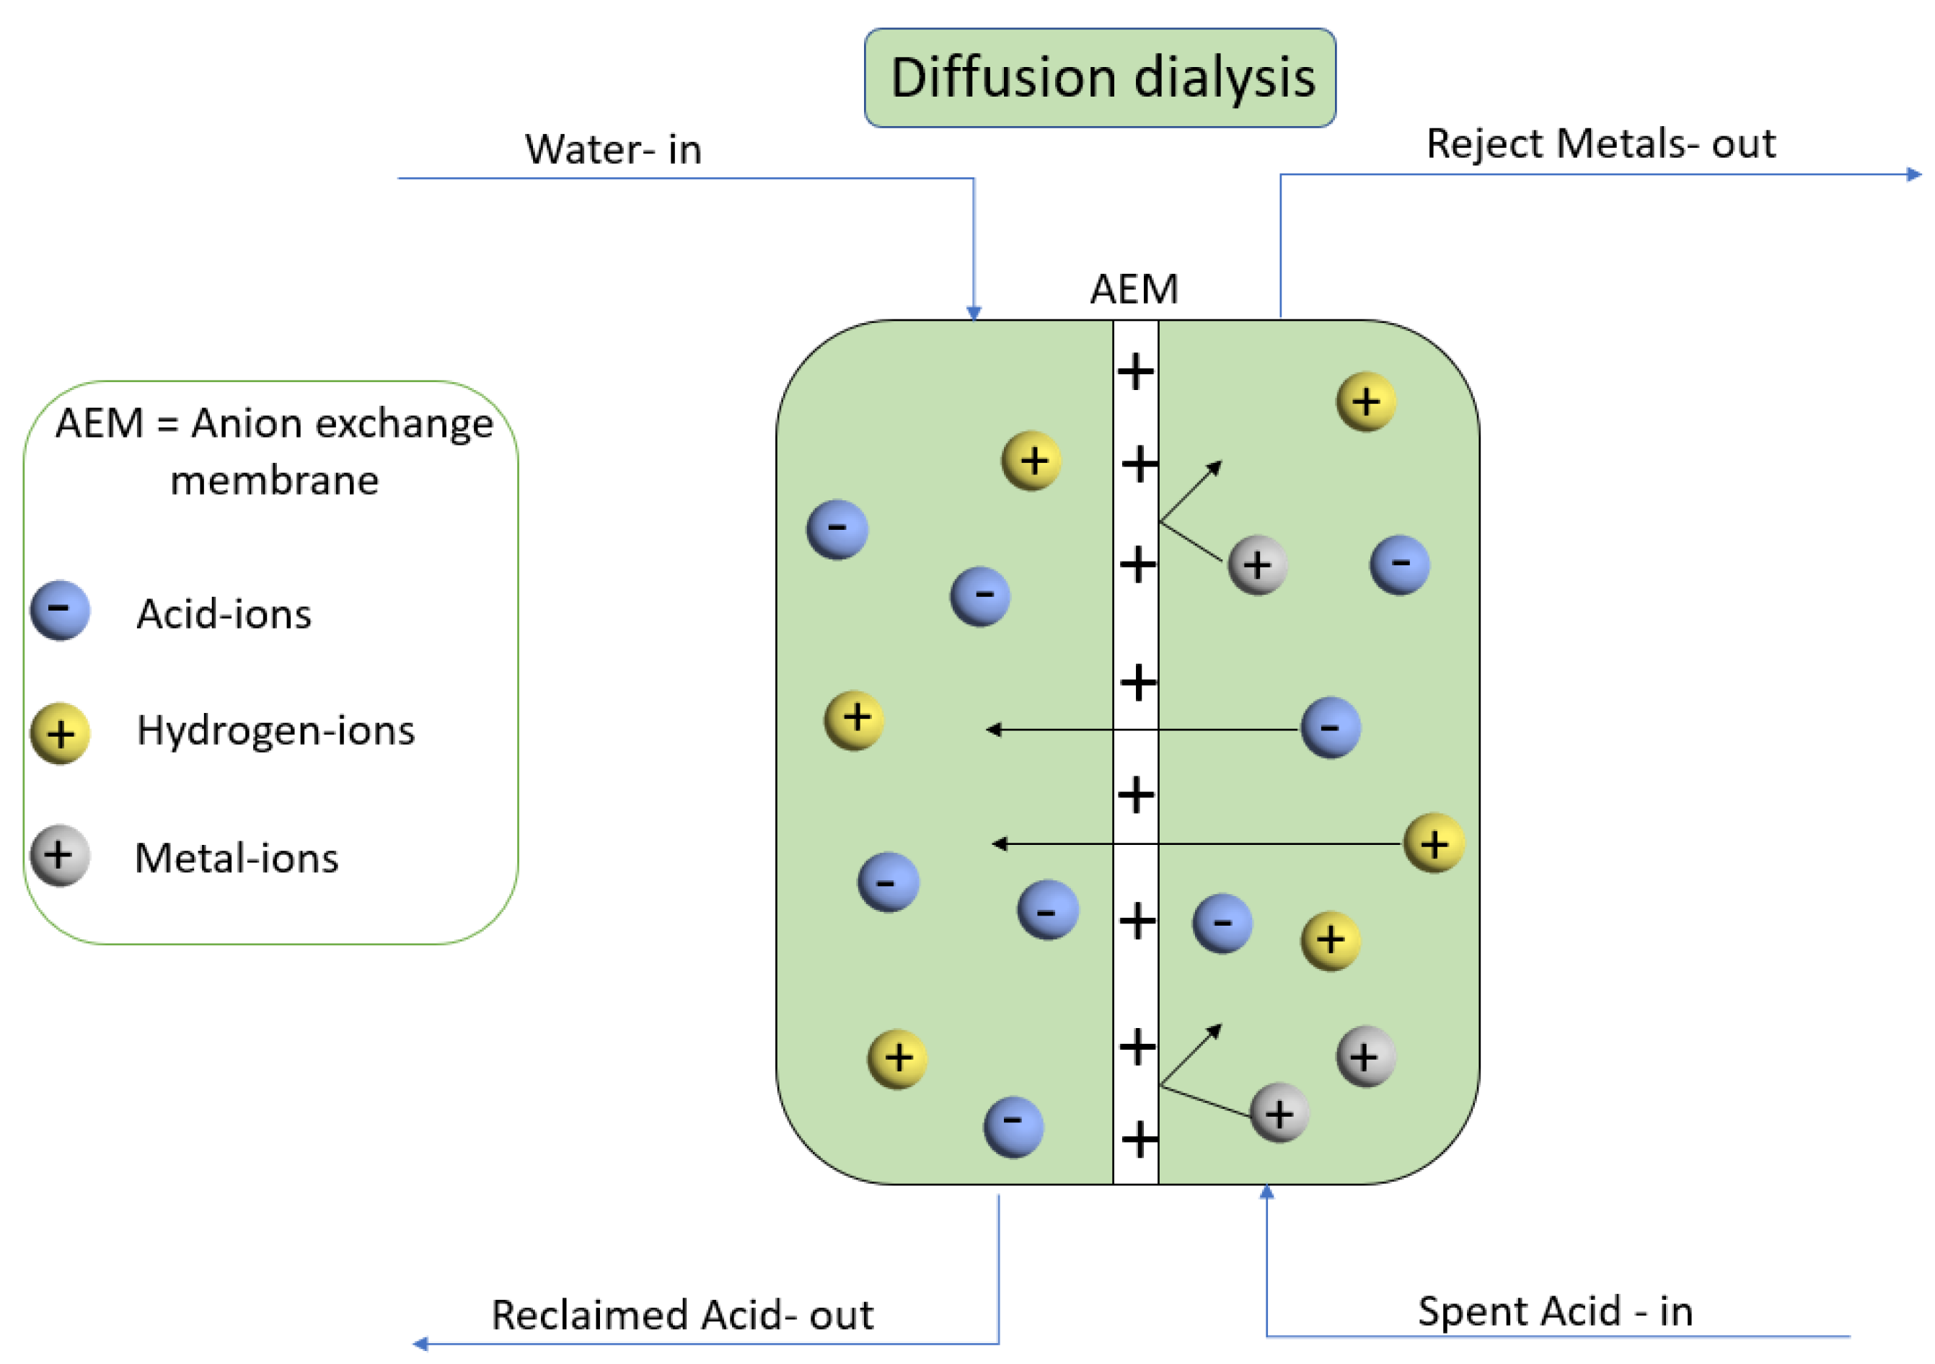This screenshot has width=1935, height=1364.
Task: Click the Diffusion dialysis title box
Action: coord(1099,78)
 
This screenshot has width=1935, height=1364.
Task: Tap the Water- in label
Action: coord(613,149)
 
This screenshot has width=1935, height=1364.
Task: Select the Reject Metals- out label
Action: coord(1600,143)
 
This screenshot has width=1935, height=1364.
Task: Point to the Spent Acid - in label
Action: coord(1555,1311)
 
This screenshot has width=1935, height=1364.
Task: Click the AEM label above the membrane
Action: coord(1134,289)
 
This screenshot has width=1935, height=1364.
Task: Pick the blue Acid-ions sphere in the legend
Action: coord(60,610)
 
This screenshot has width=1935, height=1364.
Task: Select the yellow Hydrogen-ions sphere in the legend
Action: coord(60,733)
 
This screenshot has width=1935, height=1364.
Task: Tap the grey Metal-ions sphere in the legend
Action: coord(60,856)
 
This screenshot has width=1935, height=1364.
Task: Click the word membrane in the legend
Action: coord(275,481)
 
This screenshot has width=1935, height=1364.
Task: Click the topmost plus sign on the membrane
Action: coord(1135,371)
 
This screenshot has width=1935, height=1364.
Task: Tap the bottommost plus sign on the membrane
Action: coord(1140,1140)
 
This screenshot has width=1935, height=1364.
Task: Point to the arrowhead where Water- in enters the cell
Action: coord(974,313)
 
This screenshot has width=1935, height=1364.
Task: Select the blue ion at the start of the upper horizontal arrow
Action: coord(1330,727)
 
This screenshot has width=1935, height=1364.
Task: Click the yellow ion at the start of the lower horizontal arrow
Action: coord(1434,843)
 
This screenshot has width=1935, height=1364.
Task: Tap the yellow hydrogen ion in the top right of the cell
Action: coord(1365,402)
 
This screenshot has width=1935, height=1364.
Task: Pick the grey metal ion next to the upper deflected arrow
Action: coord(1256,564)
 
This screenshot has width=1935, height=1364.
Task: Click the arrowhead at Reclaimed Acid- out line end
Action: coord(420,1344)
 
